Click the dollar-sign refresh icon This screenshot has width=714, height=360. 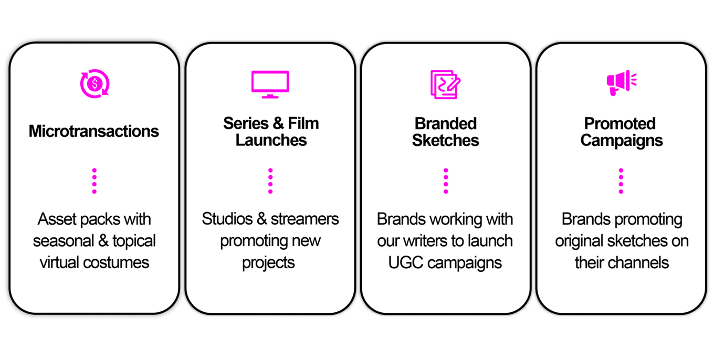[x=94, y=84]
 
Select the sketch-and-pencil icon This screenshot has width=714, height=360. [x=445, y=84]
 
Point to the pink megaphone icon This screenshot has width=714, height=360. [x=621, y=83]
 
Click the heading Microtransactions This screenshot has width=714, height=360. [x=93, y=131]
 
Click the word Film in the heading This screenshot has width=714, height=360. [x=303, y=123]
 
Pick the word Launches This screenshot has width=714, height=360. [x=271, y=140]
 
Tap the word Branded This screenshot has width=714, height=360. [x=446, y=124]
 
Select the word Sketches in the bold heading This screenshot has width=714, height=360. [x=445, y=141]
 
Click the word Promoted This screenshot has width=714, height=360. [x=620, y=124]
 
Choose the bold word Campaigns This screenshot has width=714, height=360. [x=621, y=141]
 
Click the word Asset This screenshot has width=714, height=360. [x=57, y=219]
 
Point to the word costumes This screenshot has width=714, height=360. [x=116, y=263]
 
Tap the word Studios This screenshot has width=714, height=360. [x=227, y=219]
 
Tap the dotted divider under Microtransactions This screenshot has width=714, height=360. [x=94, y=181]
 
